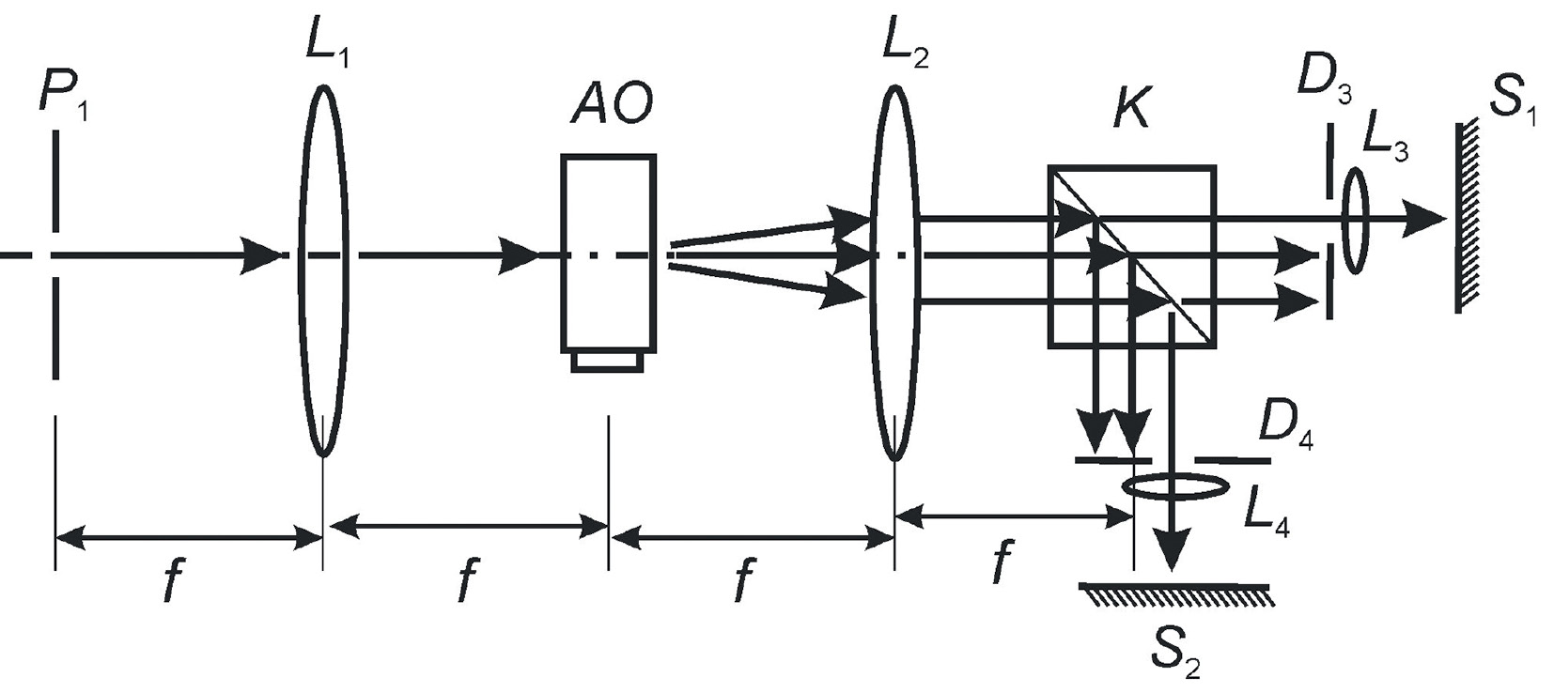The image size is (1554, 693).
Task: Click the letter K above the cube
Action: click(x=1129, y=110)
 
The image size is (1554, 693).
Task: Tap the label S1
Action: click(x=1510, y=98)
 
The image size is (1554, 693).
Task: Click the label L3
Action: click(x=1384, y=137)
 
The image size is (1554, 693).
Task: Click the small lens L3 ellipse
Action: click(x=1354, y=220)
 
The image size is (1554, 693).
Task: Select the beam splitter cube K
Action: click(x=1131, y=257)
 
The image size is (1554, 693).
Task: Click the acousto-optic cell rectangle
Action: click(x=608, y=252)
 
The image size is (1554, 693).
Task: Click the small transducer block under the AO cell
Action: click(x=608, y=362)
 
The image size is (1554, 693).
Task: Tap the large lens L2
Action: click(x=894, y=272)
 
